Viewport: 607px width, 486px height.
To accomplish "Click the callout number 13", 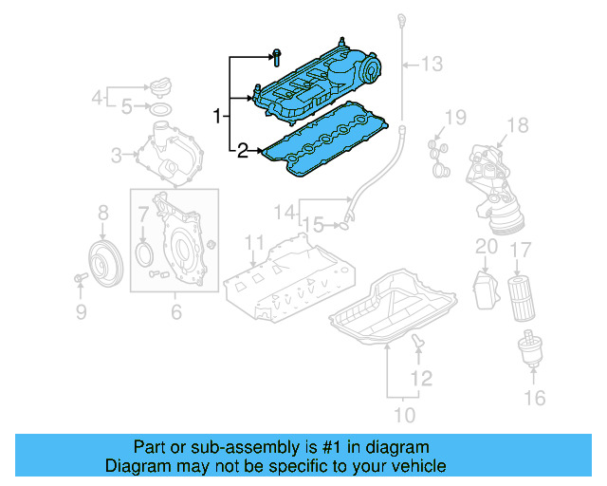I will pos(432,65).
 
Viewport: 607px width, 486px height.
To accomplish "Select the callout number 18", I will pos(516,125).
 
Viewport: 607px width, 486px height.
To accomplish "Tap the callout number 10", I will pos(404,414).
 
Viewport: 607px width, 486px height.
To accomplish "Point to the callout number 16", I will pos(536,397).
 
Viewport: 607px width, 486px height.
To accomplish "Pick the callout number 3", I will pos(117,155).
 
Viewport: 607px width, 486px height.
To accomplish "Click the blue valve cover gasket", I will pos(327,150).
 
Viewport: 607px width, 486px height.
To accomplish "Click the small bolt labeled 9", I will pos(80,278).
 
